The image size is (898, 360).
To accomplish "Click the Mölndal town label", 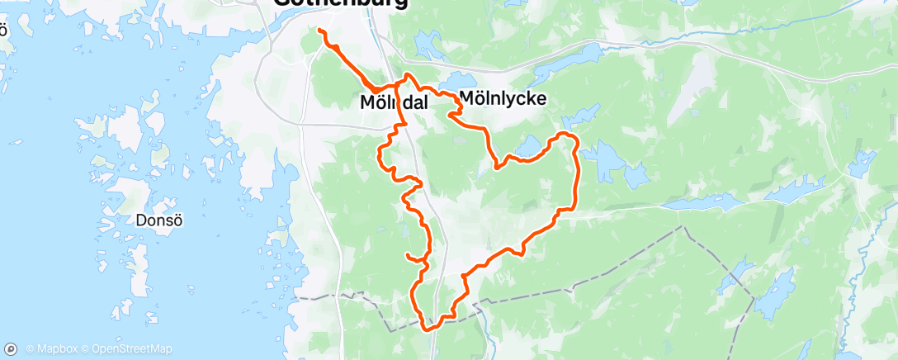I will point(394,103).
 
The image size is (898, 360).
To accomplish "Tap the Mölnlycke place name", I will point(503,98).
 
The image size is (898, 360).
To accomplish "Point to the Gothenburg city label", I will point(339,2).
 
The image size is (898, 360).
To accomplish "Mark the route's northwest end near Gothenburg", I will point(319,31).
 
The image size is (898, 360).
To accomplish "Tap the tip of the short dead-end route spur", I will point(406,255).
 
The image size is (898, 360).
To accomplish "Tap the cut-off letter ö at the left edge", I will point(3,31).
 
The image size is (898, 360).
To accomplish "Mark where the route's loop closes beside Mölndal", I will point(403,86).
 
